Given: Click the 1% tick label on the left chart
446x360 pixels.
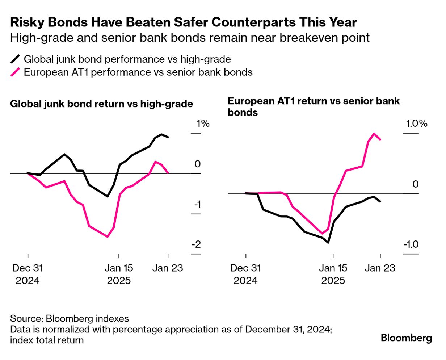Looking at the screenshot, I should click(x=203, y=124).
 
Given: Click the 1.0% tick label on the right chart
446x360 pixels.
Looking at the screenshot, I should click(x=417, y=124).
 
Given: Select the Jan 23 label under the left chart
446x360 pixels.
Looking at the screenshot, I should click(x=168, y=268).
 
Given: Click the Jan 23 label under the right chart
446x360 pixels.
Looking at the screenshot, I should click(x=380, y=268).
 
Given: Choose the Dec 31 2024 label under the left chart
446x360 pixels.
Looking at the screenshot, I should click(x=28, y=274).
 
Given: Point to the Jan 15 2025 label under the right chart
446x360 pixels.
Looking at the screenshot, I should click(x=333, y=274).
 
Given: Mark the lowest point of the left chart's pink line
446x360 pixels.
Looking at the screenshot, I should click(x=107, y=237).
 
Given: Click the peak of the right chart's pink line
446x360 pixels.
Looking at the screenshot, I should click(x=374, y=133).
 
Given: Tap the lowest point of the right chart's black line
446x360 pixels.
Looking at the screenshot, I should click(x=328, y=243).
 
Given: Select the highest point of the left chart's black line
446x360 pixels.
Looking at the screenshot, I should click(x=161, y=134).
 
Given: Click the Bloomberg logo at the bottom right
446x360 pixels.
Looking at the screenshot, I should click(x=406, y=338).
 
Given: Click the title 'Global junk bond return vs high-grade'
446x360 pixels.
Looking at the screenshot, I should click(x=102, y=104).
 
